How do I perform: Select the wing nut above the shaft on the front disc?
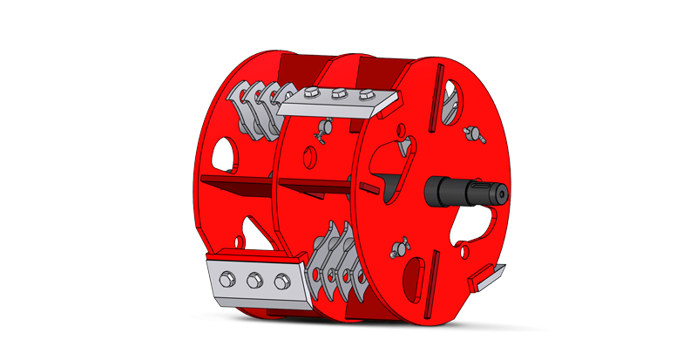pyautogui.click(x=474, y=133)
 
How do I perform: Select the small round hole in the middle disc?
pyautogui.click(x=308, y=157)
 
